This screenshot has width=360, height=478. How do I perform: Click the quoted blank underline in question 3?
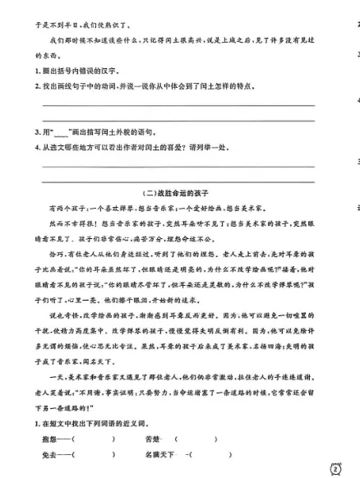click(x=63, y=131)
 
